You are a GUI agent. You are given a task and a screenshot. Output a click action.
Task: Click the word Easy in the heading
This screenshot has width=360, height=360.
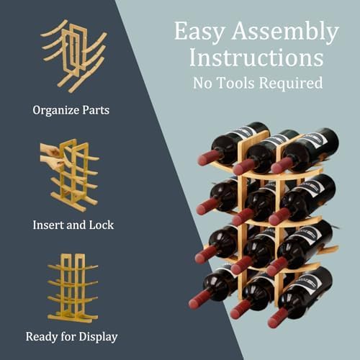[x=199, y=32]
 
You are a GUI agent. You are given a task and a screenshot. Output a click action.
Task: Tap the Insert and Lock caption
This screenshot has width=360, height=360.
[x=73, y=225]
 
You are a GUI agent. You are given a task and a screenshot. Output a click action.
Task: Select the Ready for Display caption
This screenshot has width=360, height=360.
[x=72, y=336]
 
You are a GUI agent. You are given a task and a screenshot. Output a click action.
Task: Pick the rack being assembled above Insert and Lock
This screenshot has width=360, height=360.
[x=72, y=174]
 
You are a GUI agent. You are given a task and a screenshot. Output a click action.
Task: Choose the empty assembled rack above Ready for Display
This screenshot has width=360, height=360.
[x=72, y=288]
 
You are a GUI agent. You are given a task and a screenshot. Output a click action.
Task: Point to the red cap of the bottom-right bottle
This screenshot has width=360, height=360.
[x=275, y=317]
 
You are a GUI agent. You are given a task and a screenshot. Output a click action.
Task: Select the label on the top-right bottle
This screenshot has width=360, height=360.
[x=317, y=138]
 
